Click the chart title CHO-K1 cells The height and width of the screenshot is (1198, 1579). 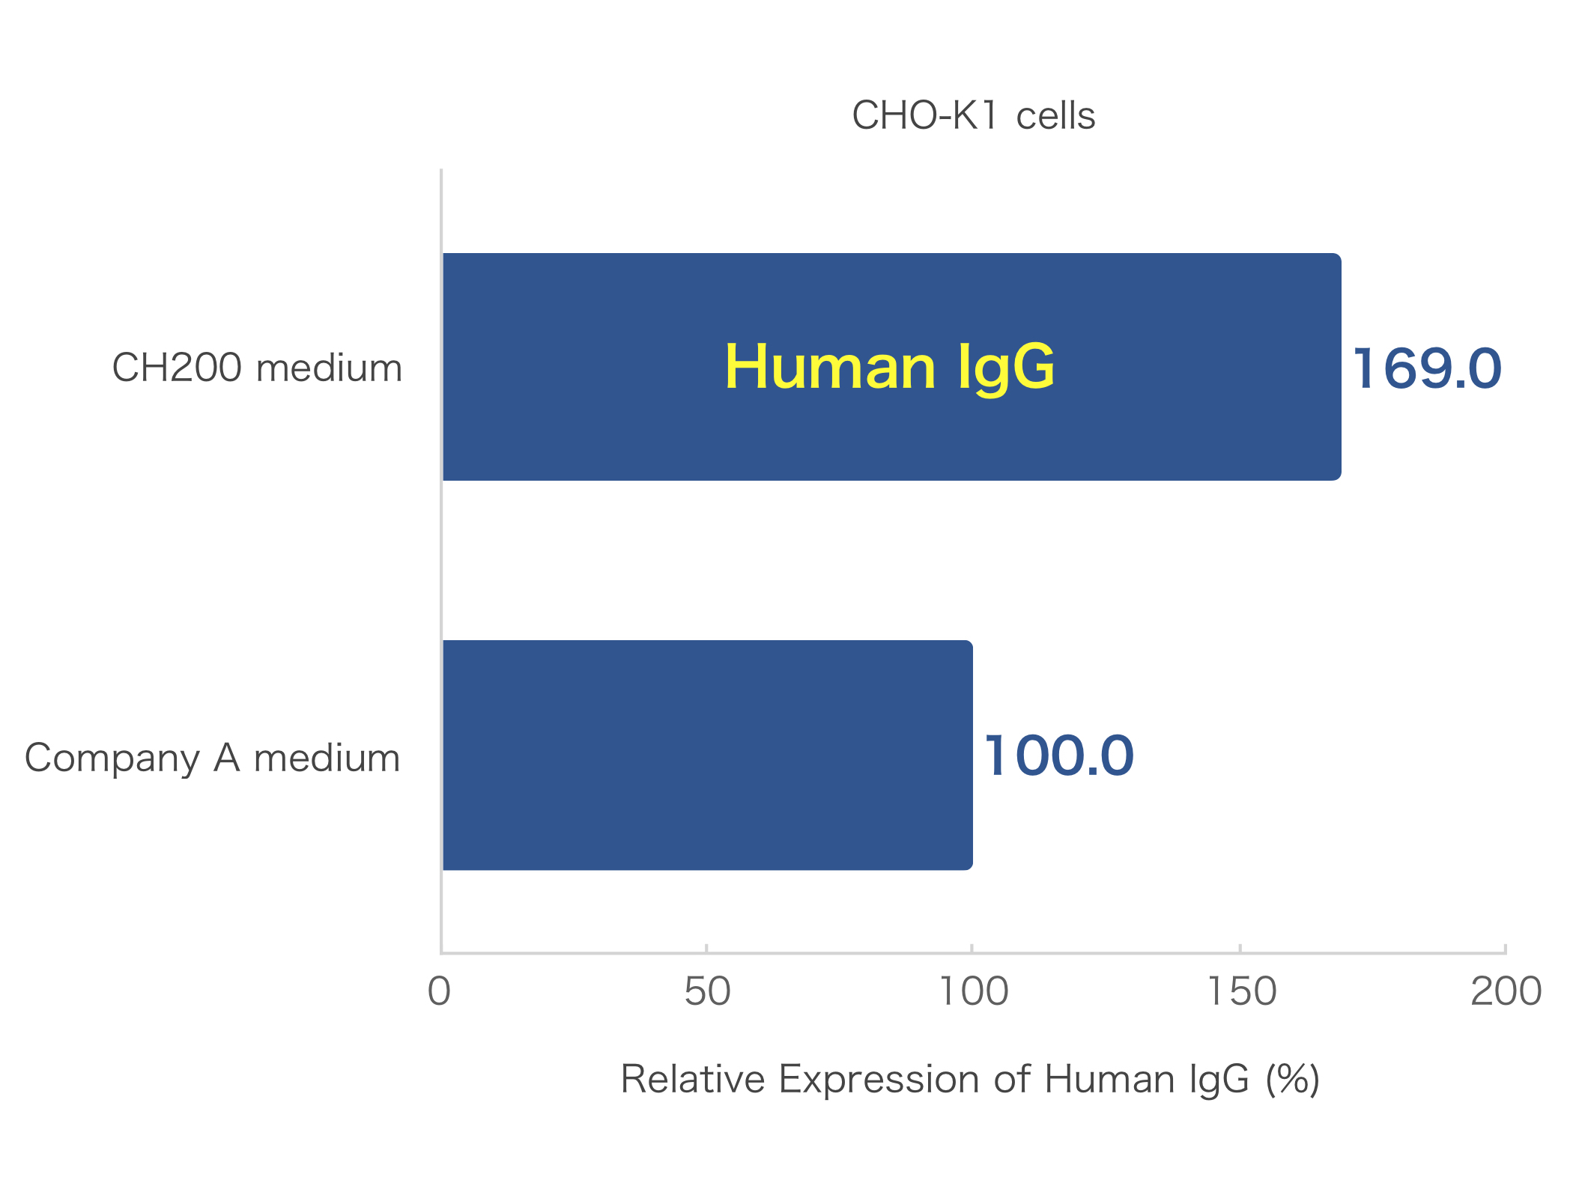[x=973, y=116]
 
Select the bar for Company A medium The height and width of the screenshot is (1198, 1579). [x=707, y=755]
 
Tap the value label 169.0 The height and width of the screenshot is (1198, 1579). [x=1426, y=368]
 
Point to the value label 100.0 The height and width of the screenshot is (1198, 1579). [x=1058, y=755]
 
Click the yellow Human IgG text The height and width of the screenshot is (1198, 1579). [x=889, y=367]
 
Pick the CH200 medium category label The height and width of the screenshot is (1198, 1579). [x=257, y=368]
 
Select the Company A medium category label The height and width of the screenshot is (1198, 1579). [x=213, y=758]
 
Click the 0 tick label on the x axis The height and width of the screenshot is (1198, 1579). [x=440, y=991]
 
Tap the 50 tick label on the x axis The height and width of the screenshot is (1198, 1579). [x=707, y=991]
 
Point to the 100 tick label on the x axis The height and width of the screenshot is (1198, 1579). [x=973, y=991]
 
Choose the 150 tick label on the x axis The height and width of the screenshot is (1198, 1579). [x=1241, y=991]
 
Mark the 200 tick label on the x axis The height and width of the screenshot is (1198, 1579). [x=1506, y=991]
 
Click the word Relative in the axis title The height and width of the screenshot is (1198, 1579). [x=693, y=1080]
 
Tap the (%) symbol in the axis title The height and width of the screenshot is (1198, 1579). [x=1293, y=1080]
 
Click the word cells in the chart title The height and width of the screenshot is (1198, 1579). [x=1055, y=117]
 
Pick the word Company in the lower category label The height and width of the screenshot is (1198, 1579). [x=112, y=758]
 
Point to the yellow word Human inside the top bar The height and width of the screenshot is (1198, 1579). [x=830, y=367]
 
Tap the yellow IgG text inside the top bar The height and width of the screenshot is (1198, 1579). [x=1006, y=367]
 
